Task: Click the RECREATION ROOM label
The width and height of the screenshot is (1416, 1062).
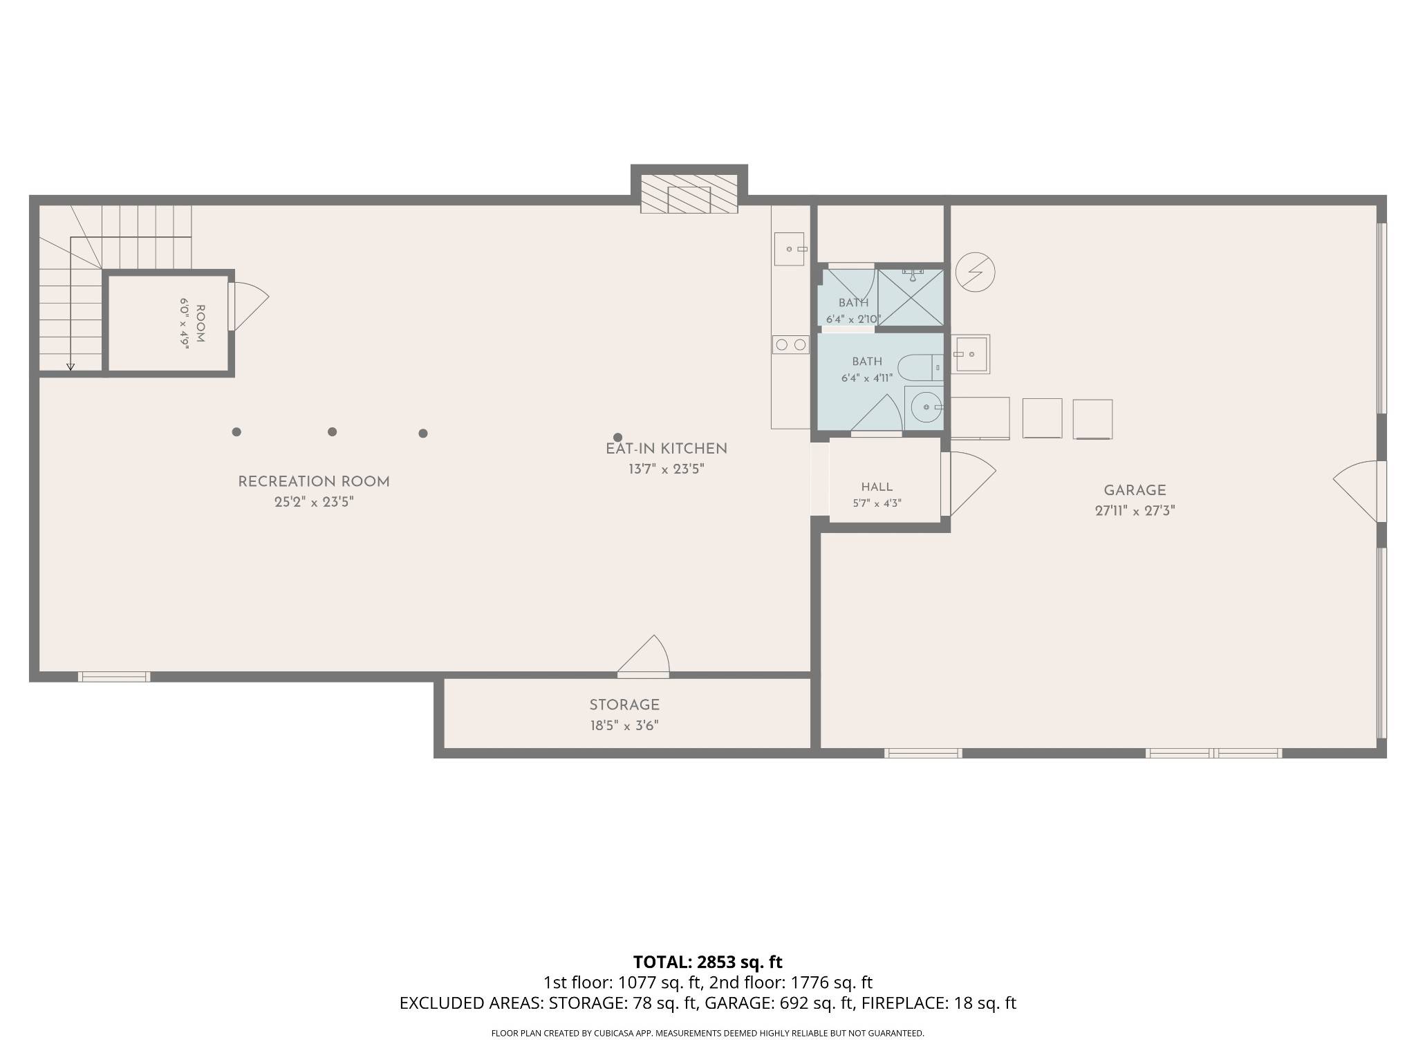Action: point(314,482)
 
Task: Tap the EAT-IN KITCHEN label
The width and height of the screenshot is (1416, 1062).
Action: point(667,449)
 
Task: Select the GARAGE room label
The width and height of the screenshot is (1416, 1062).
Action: point(1135,490)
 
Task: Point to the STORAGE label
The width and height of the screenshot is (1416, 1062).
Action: point(624,705)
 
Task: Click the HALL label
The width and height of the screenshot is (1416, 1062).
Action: point(877,487)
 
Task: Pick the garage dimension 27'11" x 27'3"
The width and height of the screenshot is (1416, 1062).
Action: point(1135,511)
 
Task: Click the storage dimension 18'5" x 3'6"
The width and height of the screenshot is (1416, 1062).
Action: point(624,725)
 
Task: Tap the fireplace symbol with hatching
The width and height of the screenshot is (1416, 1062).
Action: point(689,194)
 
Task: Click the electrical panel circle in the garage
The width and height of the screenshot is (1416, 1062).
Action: point(975,272)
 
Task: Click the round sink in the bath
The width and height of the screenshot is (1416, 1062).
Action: point(925,408)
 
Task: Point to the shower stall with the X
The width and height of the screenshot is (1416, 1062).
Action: point(911,297)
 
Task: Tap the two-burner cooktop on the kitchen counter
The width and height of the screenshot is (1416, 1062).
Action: point(790,344)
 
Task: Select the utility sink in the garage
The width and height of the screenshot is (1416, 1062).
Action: point(970,354)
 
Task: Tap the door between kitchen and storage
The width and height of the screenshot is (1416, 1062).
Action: point(644,654)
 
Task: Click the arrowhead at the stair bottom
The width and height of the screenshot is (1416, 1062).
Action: point(71,367)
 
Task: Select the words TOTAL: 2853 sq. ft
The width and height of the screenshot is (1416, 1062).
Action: point(707,962)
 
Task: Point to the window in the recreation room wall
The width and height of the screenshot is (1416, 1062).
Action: point(114,677)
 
